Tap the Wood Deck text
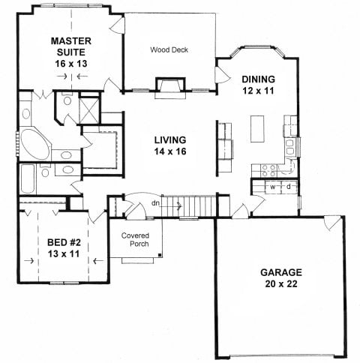[169, 49]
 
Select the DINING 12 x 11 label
[258, 85]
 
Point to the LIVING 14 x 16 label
[170, 145]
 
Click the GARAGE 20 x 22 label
[281, 278]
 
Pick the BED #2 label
[64, 242]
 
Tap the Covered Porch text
[135, 239]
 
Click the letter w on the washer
[273, 187]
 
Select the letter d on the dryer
[289, 187]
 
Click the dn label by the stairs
[155, 203]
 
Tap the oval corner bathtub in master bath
[35, 145]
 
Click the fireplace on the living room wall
[170, 88]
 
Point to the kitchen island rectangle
[257, 129]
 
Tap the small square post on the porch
[160, 255]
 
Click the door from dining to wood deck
[222, 75]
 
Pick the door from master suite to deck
[118, 25]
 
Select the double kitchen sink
[289, 147]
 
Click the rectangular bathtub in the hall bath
[27, 178]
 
